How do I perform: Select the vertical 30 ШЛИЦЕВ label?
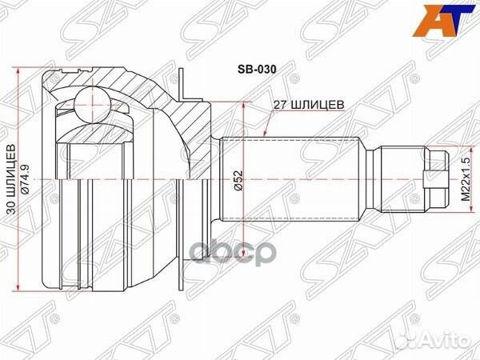coord(12,181)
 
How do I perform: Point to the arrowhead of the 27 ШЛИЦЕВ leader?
coord(266,134)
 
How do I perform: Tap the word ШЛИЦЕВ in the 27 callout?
coord(318,104)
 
